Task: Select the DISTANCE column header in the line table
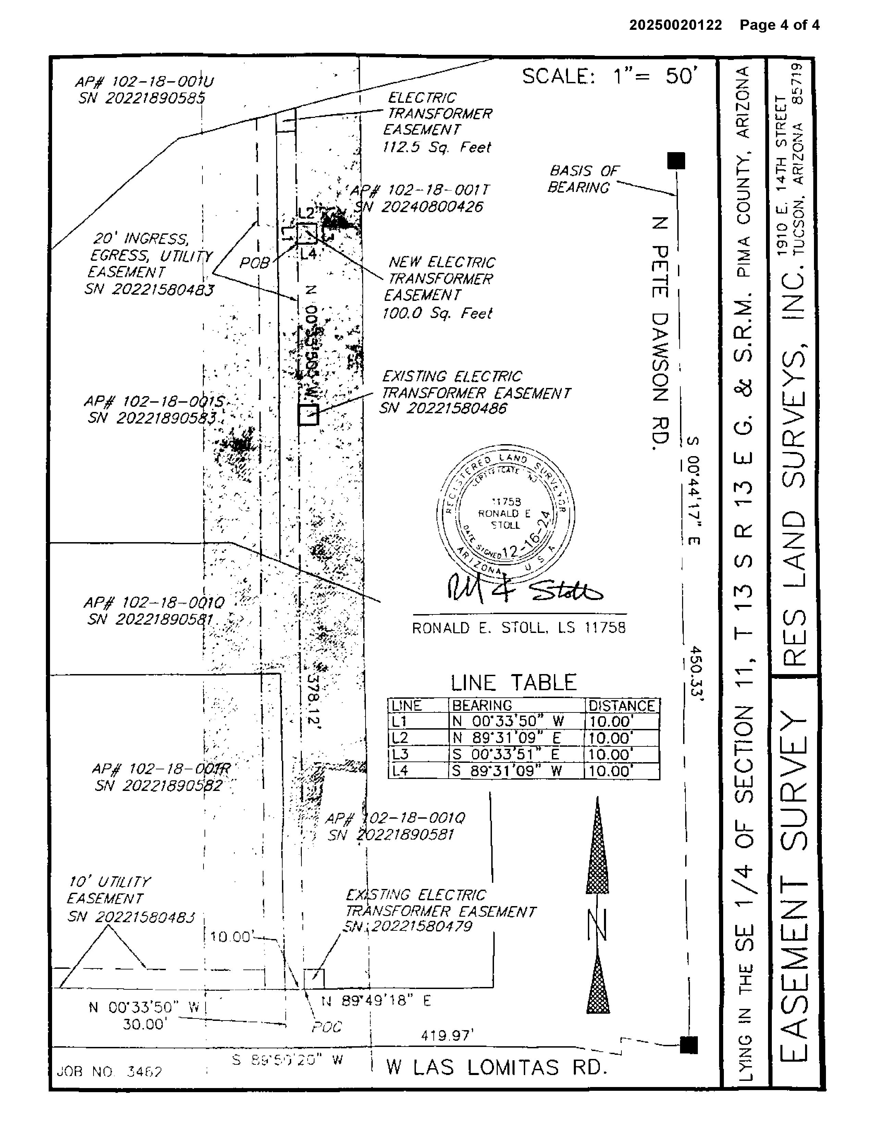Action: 621,706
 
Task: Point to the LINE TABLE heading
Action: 513,682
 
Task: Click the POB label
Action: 254,264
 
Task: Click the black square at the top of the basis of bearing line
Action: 676,161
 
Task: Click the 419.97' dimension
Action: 447,1036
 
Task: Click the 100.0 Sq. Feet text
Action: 437,313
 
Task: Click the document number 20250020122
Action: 676,25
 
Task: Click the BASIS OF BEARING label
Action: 583,179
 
